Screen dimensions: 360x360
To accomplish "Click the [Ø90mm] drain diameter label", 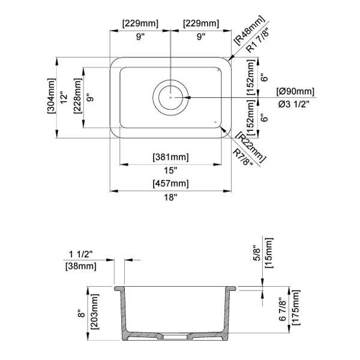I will point(295,91).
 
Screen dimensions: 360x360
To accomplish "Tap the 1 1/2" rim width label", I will point(80,254).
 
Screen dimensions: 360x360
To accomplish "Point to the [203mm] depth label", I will point(94,311).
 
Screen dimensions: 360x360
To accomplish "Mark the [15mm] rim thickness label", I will point(269,253).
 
